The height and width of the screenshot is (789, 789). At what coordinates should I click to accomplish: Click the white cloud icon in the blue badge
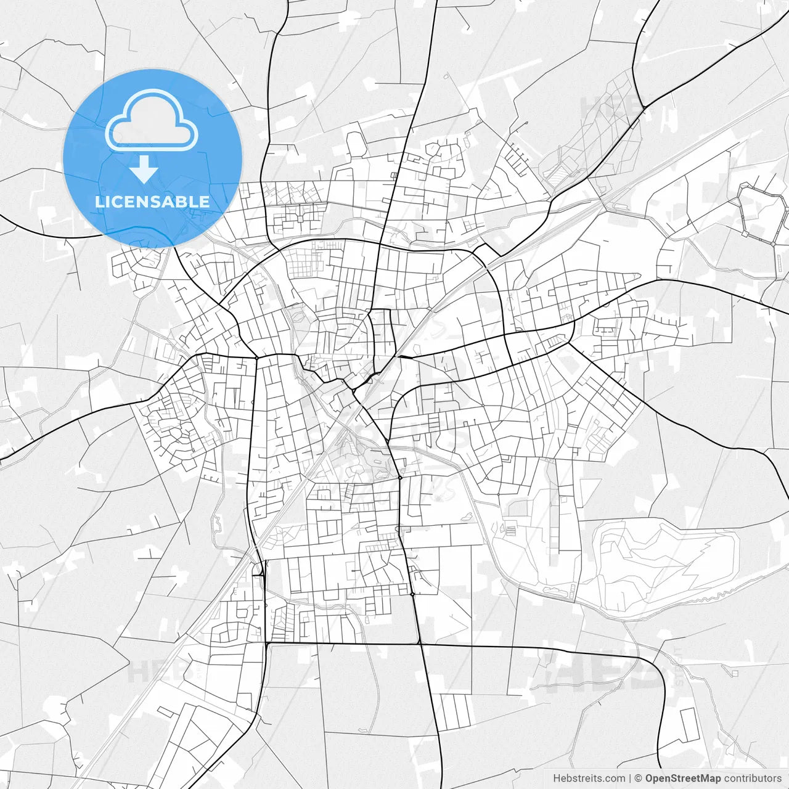152,120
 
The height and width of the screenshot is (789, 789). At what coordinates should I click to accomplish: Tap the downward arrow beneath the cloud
144,170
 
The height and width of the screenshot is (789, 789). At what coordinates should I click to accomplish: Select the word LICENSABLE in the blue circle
152,202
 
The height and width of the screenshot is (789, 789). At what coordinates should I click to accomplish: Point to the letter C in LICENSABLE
121,202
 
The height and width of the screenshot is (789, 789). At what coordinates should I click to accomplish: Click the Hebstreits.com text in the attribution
589,779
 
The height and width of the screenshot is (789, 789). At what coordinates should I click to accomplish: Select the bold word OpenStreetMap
683,779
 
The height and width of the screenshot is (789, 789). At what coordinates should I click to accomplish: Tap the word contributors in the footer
753,779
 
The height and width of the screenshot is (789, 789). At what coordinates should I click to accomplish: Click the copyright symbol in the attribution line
639,779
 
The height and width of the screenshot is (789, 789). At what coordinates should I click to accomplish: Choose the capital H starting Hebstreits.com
557,779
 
